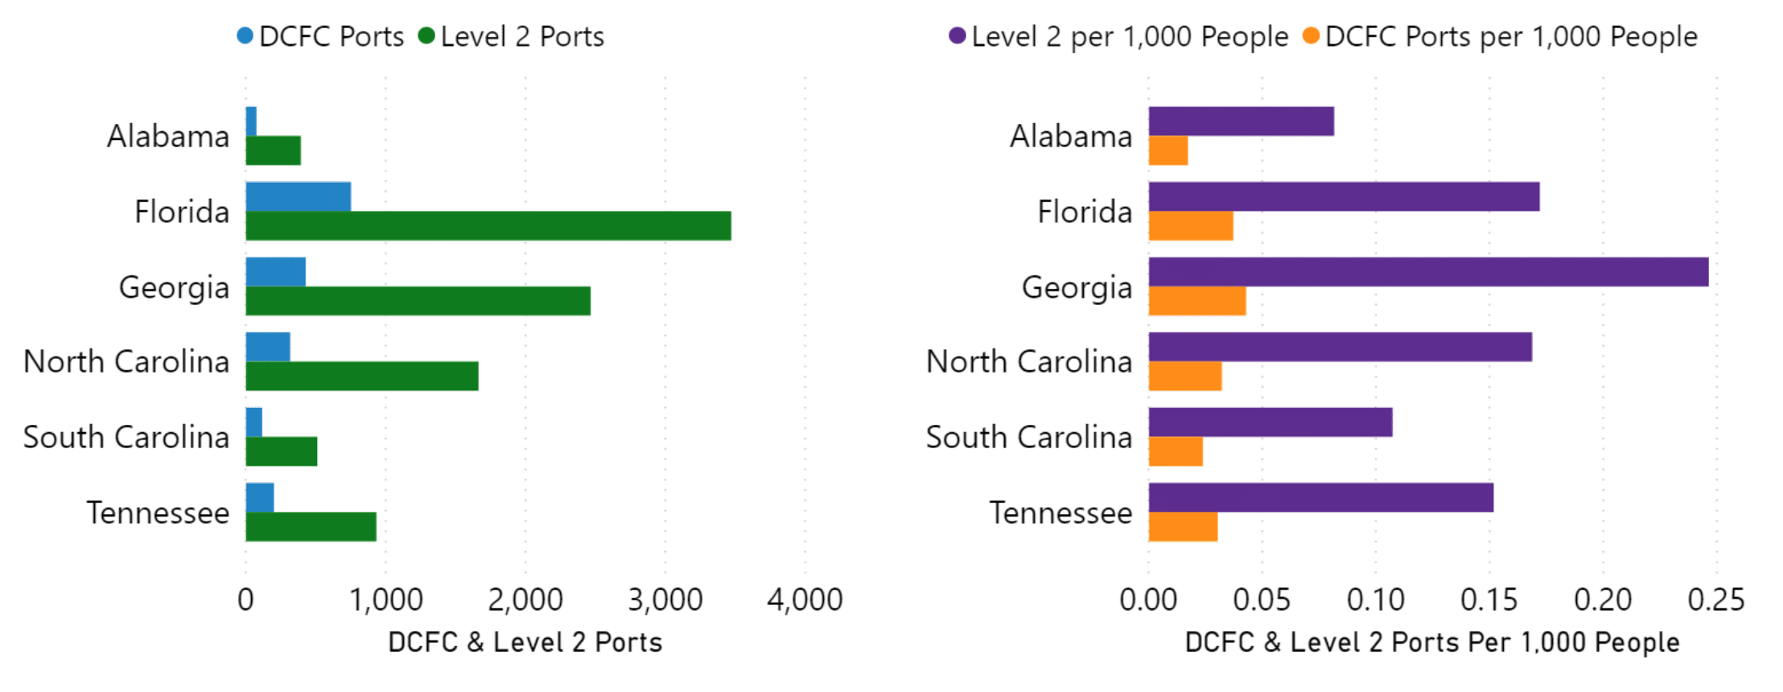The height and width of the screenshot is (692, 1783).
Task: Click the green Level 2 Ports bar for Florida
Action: click(x=488, y=226)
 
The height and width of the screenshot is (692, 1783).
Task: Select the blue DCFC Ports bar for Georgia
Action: click(x=275, y=272)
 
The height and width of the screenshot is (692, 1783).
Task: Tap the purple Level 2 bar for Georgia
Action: click(x=1428, y=272)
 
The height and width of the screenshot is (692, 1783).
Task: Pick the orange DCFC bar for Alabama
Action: click(x=1168, y=150)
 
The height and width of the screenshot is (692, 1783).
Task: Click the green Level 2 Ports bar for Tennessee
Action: click(x=311, y=527)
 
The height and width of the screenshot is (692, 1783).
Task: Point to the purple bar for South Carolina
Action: click(x=1270, y=422)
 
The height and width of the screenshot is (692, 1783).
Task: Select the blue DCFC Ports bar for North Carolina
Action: click(x=268, y=347)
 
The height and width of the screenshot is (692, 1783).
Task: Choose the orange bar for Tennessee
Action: click(x=1183, y=527)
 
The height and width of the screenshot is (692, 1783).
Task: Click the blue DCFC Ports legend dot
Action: click(x=245, y=35)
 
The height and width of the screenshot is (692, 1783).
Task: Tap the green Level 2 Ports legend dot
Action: click(x=427, y=35)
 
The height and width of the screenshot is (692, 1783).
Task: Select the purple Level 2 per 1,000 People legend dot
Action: click(x=957, y=35)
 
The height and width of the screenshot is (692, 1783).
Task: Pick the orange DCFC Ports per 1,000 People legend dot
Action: click(x=1311, y=35)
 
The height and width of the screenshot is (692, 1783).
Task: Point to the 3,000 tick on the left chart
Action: click(x=665, y=599)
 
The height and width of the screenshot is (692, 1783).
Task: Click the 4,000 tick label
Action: click(x=805, y=599)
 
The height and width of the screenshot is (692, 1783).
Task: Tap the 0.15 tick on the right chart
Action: click(x=1489, y=599)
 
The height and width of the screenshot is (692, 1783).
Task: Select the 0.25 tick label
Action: click(x=1716, y=599)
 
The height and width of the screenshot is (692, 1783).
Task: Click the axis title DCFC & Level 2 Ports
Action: click(x=525, y=642)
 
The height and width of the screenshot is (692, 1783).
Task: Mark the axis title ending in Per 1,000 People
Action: click(x=1432, y=642)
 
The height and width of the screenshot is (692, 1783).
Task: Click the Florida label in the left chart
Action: click(x=182, y=212)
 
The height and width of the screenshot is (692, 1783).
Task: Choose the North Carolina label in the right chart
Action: click(x=1029, y=362)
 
